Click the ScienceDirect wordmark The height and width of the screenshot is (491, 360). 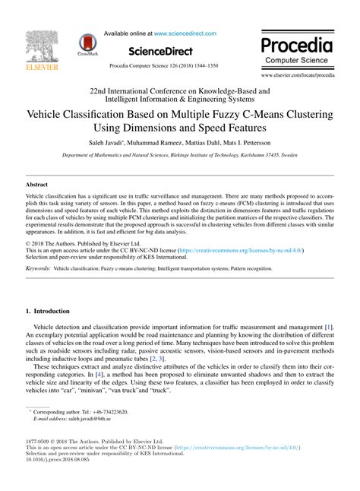[169, 51]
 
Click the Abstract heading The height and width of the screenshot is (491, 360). [37, 185]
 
